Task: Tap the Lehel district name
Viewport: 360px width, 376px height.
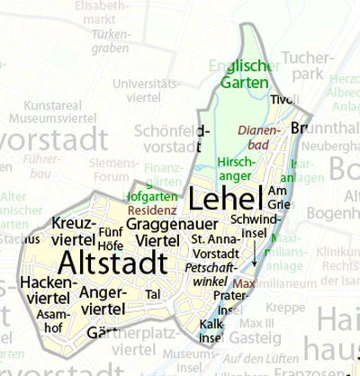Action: point(226,197)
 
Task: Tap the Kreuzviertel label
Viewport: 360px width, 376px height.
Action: point(74,231)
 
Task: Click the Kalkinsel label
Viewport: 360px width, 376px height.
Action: point(211,329)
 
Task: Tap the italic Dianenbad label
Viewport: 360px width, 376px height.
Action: point(261,136)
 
